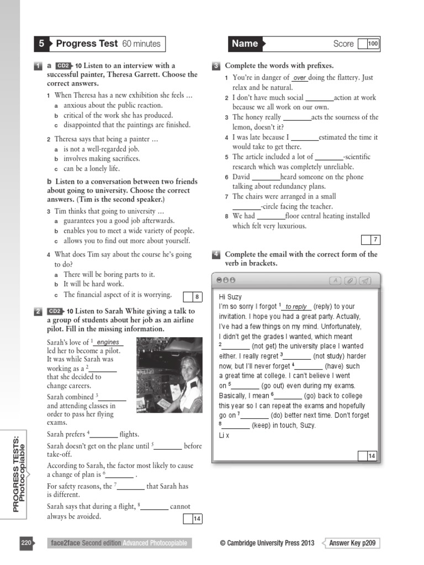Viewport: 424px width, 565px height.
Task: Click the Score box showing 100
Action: (373, 44)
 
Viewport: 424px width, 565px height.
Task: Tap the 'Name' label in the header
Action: (245, 44)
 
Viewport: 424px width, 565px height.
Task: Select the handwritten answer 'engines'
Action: (108, 343)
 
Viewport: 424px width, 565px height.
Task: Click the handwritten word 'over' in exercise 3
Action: (300, 78)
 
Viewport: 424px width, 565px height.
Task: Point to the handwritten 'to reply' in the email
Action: (296, 307)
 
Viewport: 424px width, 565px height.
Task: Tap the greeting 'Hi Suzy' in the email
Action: (230, 297)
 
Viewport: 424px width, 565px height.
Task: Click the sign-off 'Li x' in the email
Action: (224, 435)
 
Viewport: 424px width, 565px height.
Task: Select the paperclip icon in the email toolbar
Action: (350, 281)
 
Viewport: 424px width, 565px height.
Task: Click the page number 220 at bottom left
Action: (26, 543)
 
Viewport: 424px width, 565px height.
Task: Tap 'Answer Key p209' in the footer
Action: (352, 543)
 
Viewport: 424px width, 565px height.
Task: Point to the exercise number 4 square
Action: (216, 254)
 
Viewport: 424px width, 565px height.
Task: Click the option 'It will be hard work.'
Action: (93, 284)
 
